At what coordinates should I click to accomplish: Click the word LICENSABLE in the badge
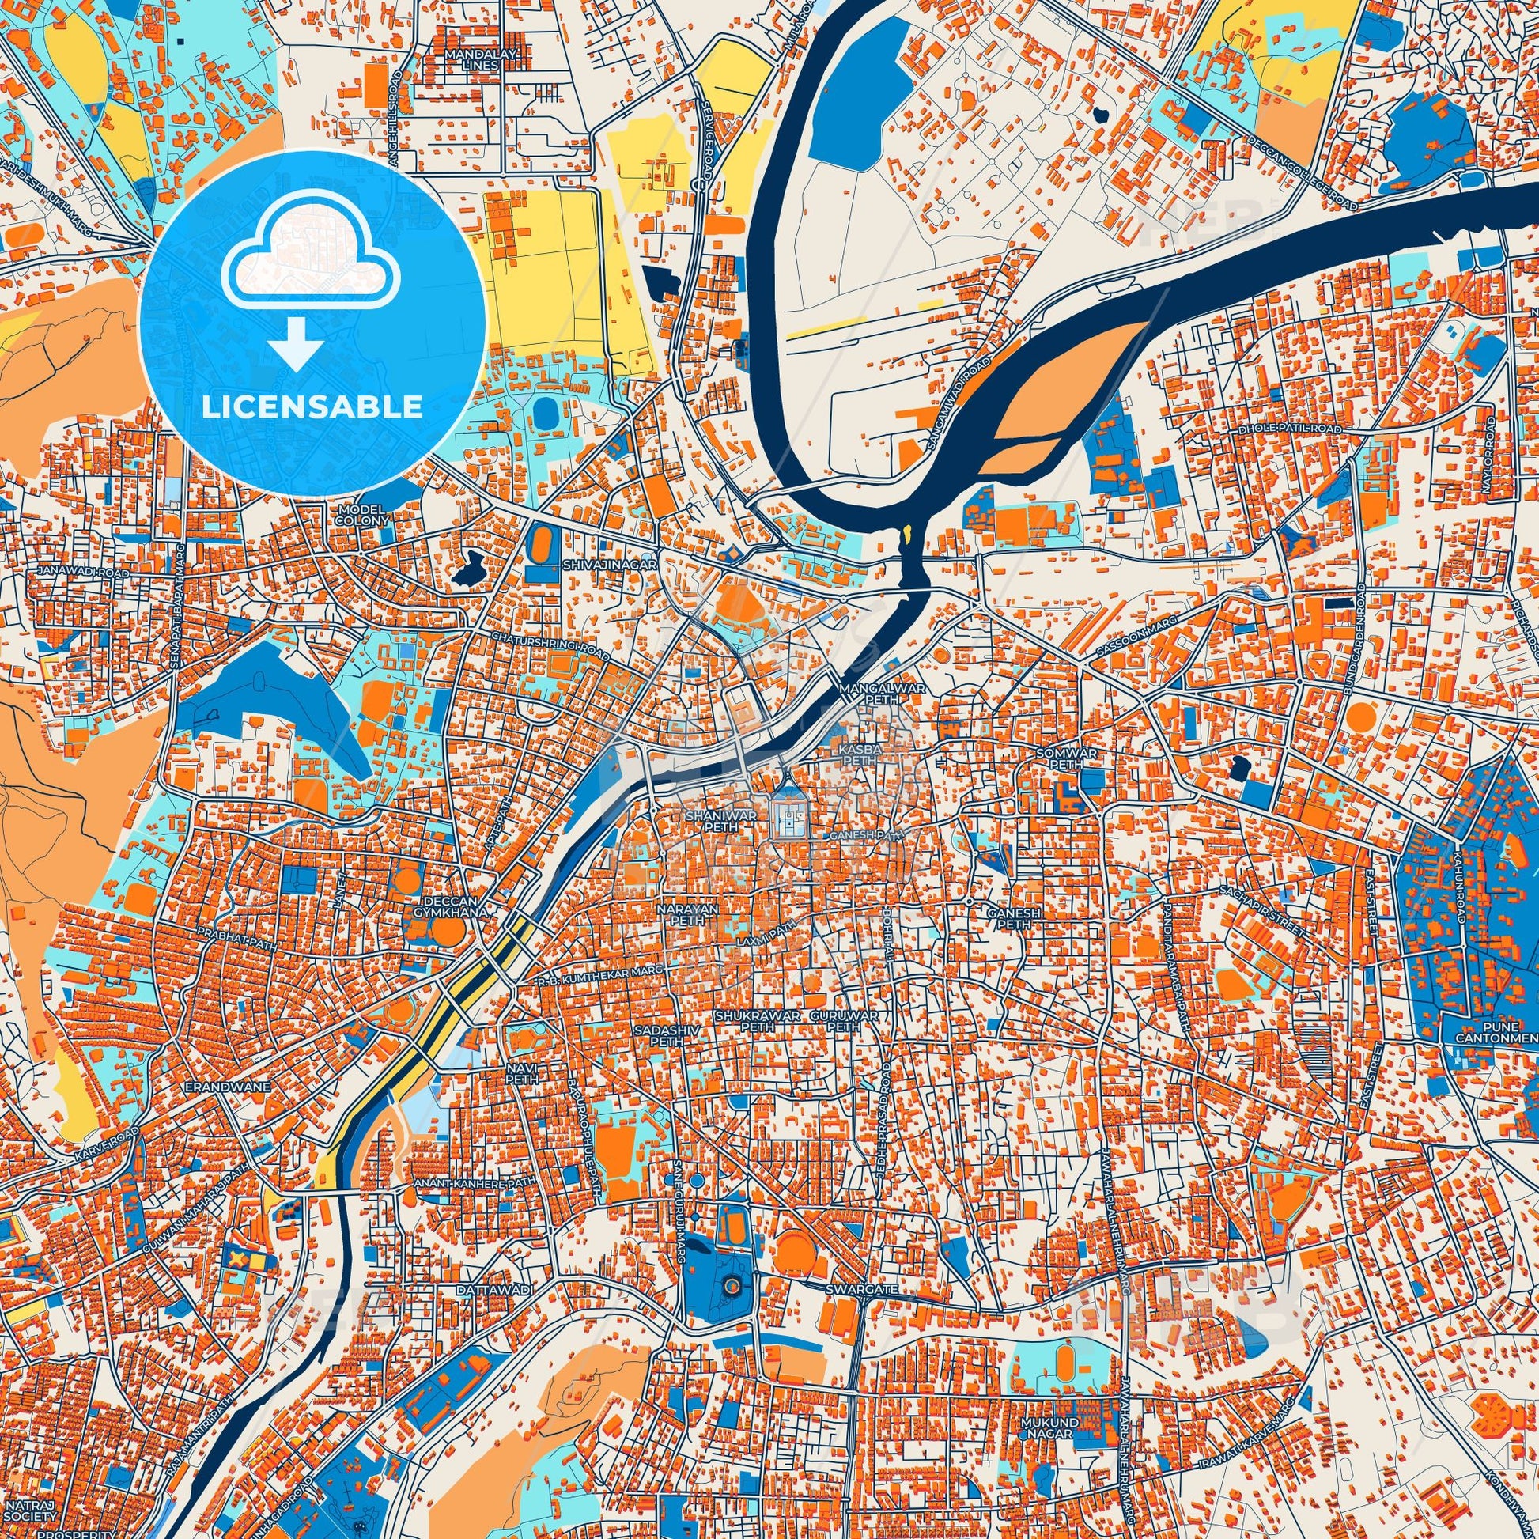click(312, 407)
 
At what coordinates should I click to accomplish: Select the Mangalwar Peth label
click(869, 692)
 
